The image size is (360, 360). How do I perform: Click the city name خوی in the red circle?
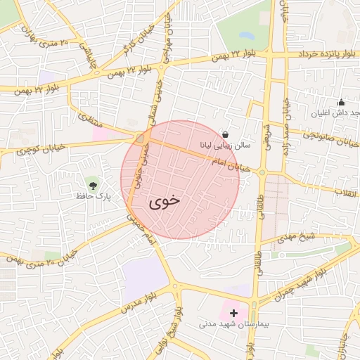(x=164, y=200)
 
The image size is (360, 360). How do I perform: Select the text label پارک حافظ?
(x=94, y=198)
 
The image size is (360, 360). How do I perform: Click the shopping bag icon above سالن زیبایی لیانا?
(x=225, y=134)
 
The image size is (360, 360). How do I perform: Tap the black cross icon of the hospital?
(x=233, y=311)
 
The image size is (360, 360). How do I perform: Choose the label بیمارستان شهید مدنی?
(x=229, y=324)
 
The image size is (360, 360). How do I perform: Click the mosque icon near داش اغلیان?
(x=341, y=102)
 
